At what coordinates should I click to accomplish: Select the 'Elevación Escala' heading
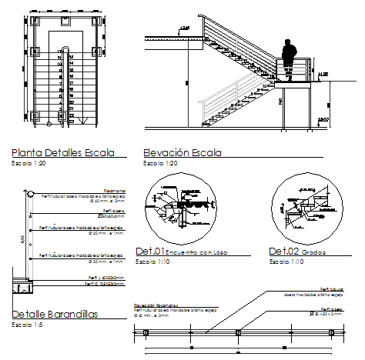click(x=182, y=152)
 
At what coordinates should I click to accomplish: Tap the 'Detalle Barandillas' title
click(x=55, y=315)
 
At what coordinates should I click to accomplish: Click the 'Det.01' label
click(x=150, y=252)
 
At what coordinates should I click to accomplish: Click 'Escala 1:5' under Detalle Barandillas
click(x=28, y=325)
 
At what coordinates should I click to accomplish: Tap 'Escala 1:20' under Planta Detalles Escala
click(x=30, y=163)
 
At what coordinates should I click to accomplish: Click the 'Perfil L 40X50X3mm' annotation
click(x=105, y=277)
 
